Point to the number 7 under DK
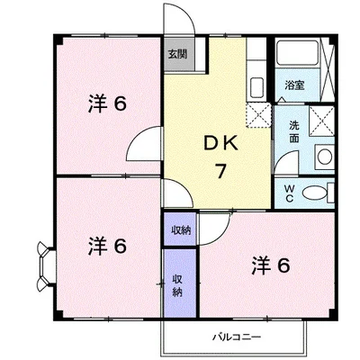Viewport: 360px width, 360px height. tap(219, 171)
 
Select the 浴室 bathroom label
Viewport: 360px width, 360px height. tap(295, 85)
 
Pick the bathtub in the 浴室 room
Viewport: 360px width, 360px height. tap(299, 56)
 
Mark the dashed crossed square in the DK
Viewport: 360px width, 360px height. tap(259, 114)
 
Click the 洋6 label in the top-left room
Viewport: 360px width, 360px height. tap(106, 103)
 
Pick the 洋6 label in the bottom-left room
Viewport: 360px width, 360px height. tap(106, 245)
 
